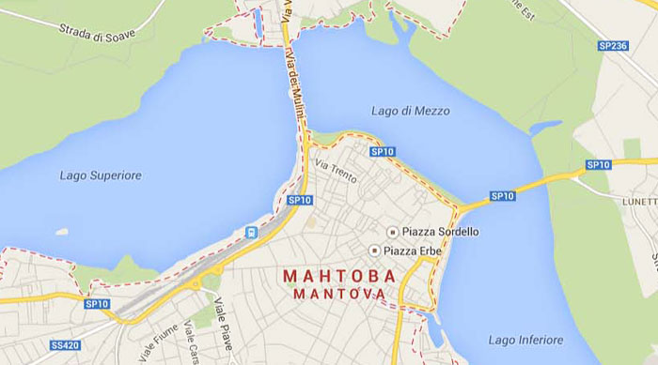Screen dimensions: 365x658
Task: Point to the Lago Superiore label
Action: click(101, 175)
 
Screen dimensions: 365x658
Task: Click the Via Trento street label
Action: click(337, 172)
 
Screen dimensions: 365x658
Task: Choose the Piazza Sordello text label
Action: click(440, 231)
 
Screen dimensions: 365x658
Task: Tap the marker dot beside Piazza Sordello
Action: click(393, 231)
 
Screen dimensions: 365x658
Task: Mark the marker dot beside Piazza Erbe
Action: click(375, 250)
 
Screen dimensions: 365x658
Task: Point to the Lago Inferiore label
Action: click(525, 339)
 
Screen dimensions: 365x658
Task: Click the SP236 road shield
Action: click(612, 45)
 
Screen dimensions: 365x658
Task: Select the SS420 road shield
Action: click(66, 345)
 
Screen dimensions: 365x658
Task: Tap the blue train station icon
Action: click(251, 232)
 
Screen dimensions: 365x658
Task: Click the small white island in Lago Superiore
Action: click(62, 231)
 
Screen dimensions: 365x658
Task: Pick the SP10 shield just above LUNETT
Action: click(598, 165)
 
